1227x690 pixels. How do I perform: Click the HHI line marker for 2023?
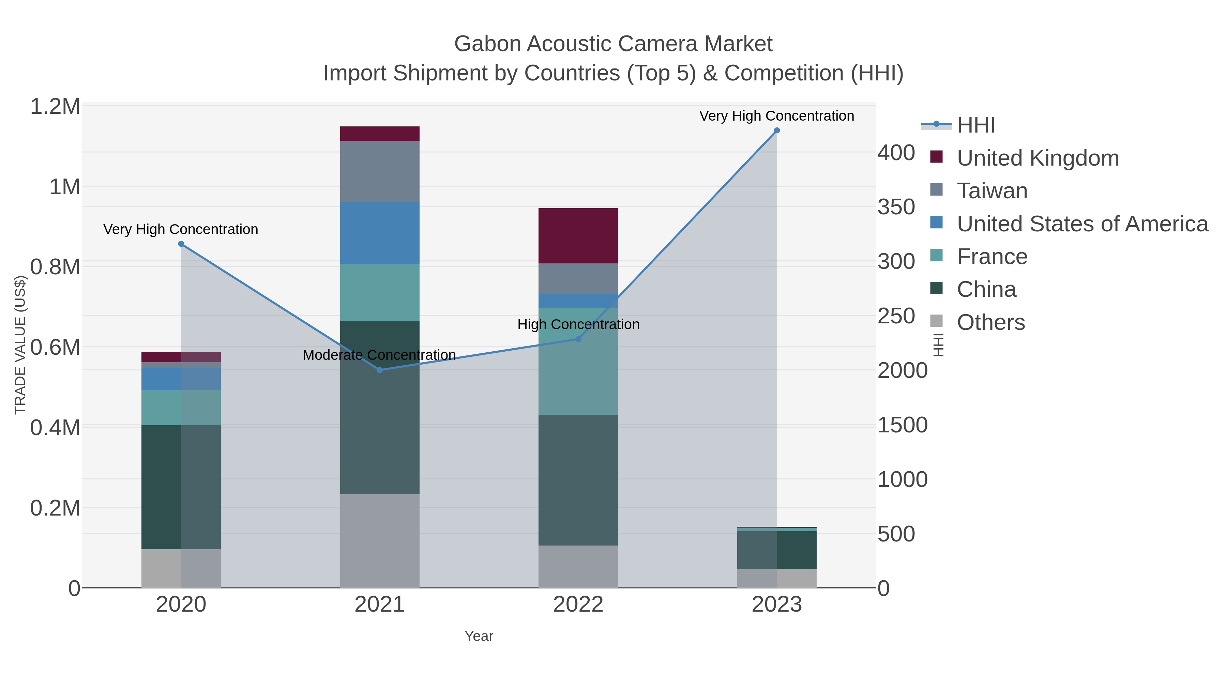coord(776,131)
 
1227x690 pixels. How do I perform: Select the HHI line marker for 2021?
coord(380,370)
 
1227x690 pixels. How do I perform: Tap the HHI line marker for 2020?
coord(181,244)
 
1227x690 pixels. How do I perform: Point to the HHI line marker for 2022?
coord(578,339)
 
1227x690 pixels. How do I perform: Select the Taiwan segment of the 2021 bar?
coord(380,171)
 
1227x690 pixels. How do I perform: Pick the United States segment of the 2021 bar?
coord(380,233)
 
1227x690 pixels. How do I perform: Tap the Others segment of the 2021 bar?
coord(380,540)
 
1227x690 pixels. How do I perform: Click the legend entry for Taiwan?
coord(992,191)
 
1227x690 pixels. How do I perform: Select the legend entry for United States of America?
coord(1082,224)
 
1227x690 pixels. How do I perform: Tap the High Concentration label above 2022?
coord(578,325)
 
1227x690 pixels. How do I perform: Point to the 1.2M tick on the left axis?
coord(55,107)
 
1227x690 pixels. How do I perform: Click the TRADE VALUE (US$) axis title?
coord(20,345)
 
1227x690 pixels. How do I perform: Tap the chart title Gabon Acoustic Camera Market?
coord(613,44)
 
